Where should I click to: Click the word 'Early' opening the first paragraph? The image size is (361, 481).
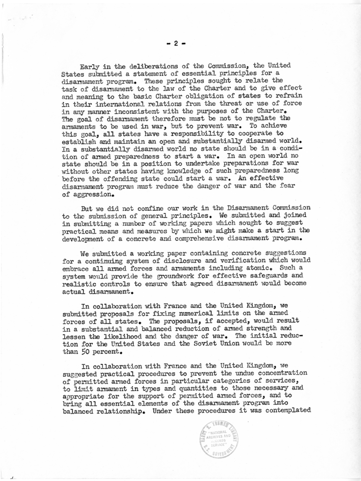click(90, 66)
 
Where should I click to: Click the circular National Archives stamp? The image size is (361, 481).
click(219, 439)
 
